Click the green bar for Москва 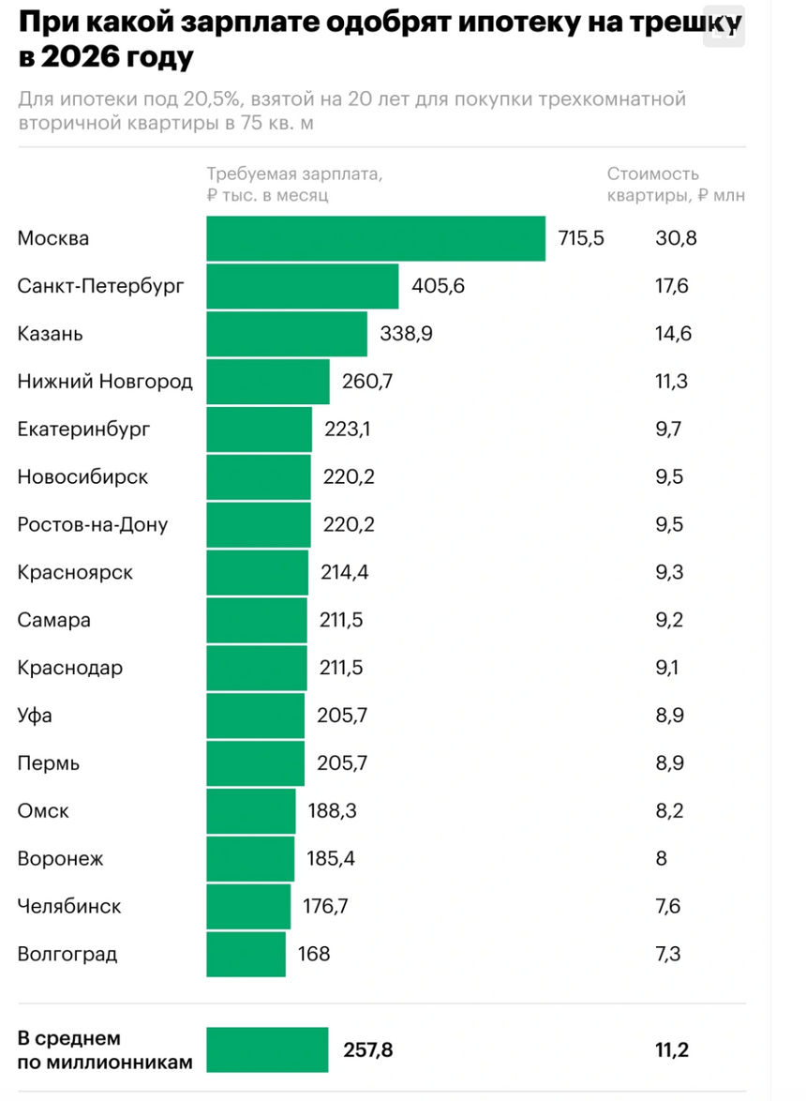click(376, 238)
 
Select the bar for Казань click(287, 334)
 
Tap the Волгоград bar click(246, 954)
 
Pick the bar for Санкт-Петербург click(303, 286)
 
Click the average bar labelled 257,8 click(268, 1049)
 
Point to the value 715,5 click(581, 238)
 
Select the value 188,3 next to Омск click(333, 811)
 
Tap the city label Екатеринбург click(83, 430)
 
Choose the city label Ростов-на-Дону click(93, 525)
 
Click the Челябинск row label click(69, 907)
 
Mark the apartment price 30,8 click(676, 238)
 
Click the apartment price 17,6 click(672, 286)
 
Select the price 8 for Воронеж click(662, 859)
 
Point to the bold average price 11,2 click(672, 1049)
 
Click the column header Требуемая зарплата click(294, 174)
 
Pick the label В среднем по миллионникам click(104, 1050)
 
